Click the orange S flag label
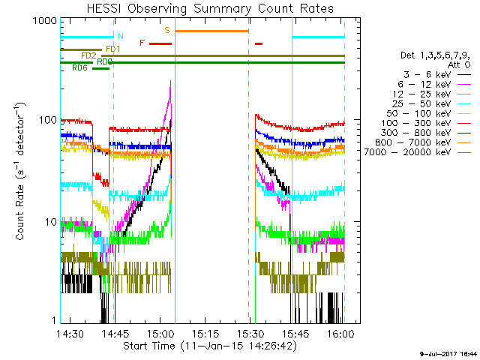pyautogui.click(x=167, y=31)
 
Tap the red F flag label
pyautogui.click(x=142, y=43)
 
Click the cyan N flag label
pyautogui.click(x=120, y=36)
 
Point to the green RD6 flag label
pyautogui.click(x=79, y=68)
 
